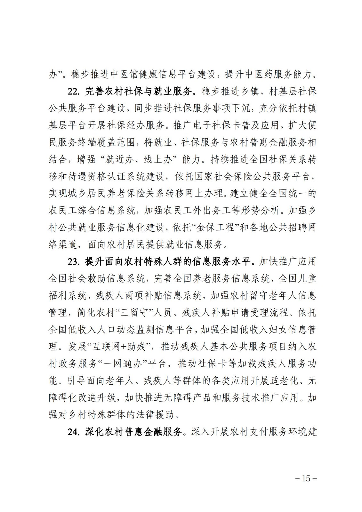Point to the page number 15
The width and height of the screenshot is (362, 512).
pyautogui.click(x=306, y=479)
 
